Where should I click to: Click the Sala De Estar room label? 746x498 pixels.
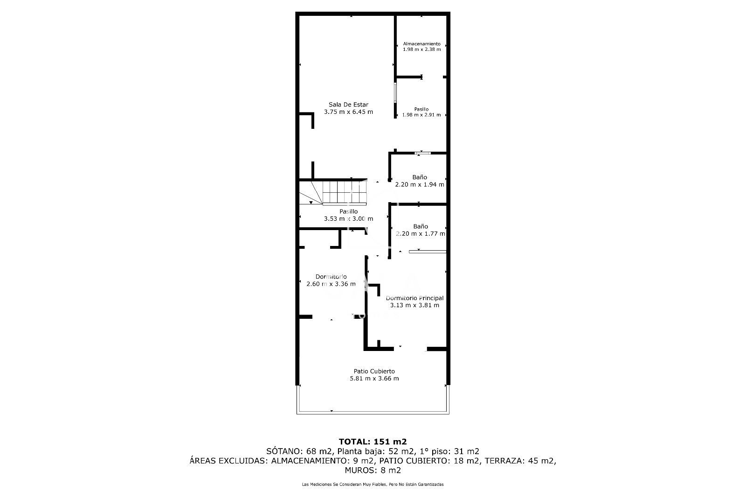pyautogui.click(x=348, y=105)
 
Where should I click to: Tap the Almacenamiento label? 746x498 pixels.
pyautogui.click(x=421, y=44)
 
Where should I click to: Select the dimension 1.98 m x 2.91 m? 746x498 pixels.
pyautogui.click(x=421, y=115)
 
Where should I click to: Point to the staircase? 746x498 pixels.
pyautogui.click(x=333, y=192)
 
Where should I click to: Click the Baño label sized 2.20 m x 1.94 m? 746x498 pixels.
pyautogui.click(x=420, y=177)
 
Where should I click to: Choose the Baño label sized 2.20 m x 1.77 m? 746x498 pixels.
pyautogui.click(x=420, y=226)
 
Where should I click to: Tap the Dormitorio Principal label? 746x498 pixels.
pyautogui.click(x=414, y=298)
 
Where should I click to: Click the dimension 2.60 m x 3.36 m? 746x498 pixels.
pyautogui.click(x=331, y=284)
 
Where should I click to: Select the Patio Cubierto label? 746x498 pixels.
pyautogui.click(x=374, y=371)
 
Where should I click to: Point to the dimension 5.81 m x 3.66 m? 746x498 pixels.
pyautogui.click(x=374, y=379)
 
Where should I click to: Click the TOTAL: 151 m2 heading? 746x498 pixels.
pyautogui.click(x=373, y=442)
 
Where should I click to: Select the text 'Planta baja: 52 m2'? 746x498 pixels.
pyautogui.click(x=376, y=451)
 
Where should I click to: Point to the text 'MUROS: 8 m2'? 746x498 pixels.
pyautogui.click(x=373, y=470)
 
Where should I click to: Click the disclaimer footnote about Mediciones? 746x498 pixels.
pyautogui.click(x=373, y=484)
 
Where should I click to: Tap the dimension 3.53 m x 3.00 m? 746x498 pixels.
pyautogui.click(x=348, y=219)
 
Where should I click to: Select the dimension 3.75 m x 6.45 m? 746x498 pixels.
pyautogui.click(x=348, y=112)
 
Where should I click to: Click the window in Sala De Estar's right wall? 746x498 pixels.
pyautogui.click(x=395, y=92)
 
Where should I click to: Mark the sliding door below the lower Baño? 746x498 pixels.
pyautogui.click(x=428, y=252)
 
